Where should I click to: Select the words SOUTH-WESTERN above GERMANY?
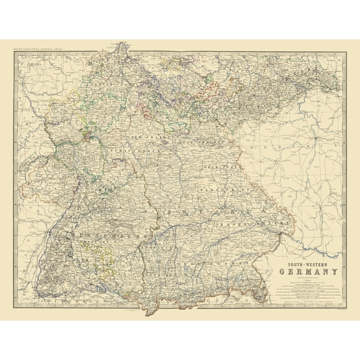309,263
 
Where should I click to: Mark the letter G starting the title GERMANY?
283,272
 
